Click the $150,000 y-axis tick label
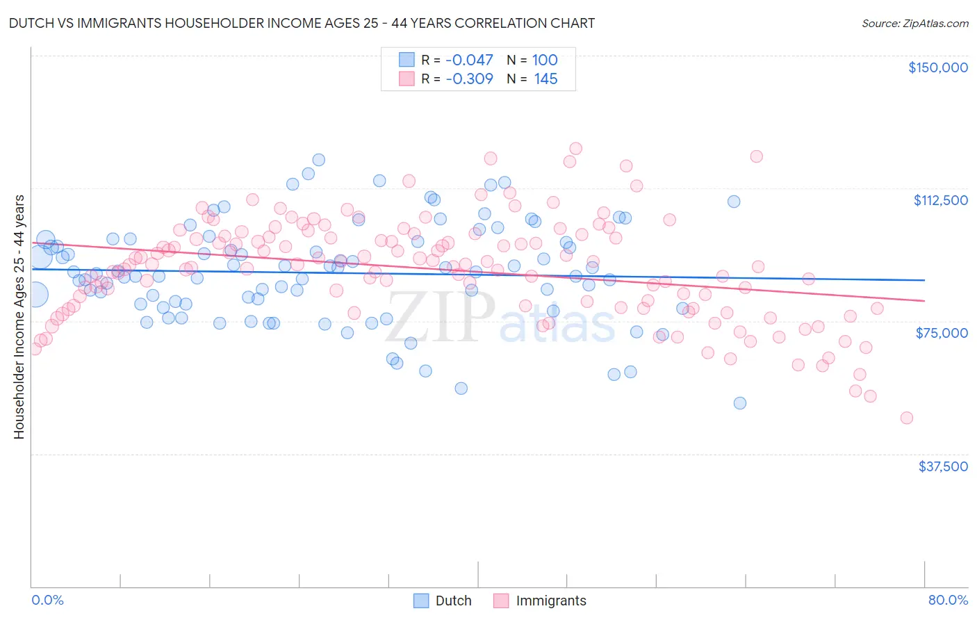click(937, 67)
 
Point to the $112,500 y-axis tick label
click(940, 200)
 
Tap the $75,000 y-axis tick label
click(942, 333)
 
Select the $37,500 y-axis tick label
click(943, 466)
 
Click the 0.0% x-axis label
click(47, 600)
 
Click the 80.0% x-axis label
click(948, 600)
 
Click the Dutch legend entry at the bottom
click(443, 601)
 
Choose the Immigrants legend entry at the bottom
click(540, 601)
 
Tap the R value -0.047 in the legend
click(469, 60)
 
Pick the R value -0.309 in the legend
click(469, 79)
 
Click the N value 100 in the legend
click(545, 60)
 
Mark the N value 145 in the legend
click(545, 79)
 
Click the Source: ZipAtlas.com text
click(914, 23)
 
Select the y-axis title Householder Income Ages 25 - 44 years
click(19, 317)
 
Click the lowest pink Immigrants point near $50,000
click(906, 418)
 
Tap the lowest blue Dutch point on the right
click(740, 403)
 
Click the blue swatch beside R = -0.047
click(407, 60)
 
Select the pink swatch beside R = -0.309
click(407, 79)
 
